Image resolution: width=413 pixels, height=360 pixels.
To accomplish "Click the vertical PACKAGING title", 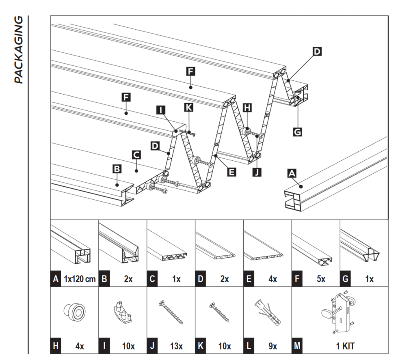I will coord(18,50).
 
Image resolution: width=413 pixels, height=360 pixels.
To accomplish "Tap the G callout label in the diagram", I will coord(297,132).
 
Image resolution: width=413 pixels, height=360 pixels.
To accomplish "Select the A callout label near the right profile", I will coord(291,173).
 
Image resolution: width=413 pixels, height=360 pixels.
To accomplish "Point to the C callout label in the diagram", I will coord(136,155).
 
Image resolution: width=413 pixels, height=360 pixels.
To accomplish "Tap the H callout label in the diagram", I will coord(247,108).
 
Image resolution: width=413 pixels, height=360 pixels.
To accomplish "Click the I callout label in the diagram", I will coord(161,110).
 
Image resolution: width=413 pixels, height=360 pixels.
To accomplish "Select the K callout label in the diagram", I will coord(189,108).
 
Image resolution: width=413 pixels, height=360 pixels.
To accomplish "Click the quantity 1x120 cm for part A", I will coord(80,279).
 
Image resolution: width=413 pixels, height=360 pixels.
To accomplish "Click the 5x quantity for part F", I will coord(320,279).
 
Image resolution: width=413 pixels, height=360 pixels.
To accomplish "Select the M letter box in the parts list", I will coord(297,346).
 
